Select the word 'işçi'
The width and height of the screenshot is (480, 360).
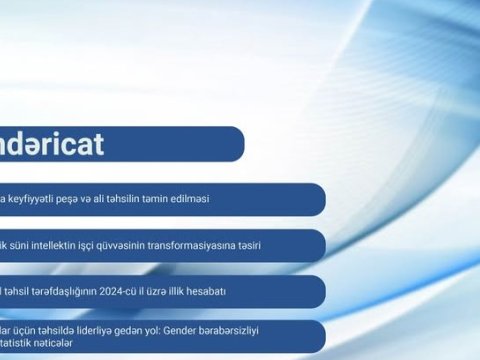[x=113, y=245]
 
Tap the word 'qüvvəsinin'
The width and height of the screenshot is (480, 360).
[x=152, y=245]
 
